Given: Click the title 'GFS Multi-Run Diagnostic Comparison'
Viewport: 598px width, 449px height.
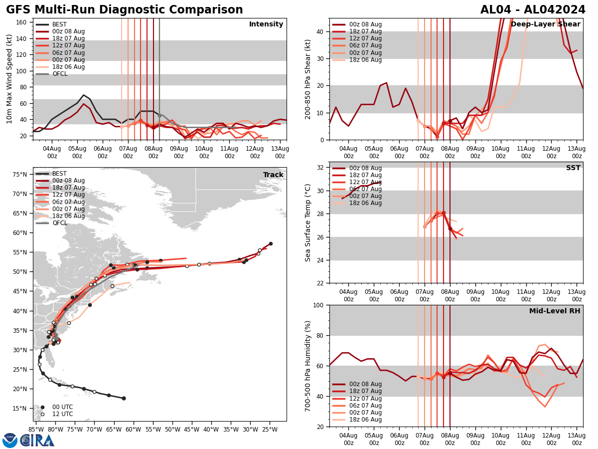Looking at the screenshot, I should [x=125, y=10].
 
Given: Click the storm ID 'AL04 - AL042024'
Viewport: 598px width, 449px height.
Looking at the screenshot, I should [x=533, y=10].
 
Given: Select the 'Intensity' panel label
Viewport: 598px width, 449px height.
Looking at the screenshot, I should [x=266, y=24].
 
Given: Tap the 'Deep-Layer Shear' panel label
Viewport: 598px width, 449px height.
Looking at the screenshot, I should [x=545, y=24].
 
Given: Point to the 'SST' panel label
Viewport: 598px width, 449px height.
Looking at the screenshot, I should [x=573, y=168].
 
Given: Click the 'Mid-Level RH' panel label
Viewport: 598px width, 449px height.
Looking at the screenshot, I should [x=555, y=311].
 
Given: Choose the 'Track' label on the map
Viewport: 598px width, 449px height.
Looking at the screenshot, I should [x=273, y=175].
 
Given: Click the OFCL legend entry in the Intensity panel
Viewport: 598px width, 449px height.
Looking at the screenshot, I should [x=59, y=74].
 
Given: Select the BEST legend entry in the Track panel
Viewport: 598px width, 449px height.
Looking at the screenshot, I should [x=59, y=174].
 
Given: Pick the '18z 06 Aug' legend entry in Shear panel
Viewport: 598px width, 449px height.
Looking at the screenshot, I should [x=365, y=60].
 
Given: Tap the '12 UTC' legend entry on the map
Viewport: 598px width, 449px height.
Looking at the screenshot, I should [x=62, y=414].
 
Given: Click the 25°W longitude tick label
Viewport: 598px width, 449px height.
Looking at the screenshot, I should [x=270, y=429].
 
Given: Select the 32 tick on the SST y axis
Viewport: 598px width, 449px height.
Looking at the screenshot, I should [x=321, y=168].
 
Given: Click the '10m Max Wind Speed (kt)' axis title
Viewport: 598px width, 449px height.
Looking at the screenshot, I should [x=9, y=79].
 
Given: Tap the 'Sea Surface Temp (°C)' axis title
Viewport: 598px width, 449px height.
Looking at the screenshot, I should [x=308, y=223].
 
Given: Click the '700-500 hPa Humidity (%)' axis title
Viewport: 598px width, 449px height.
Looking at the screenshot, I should [x=308, y=366].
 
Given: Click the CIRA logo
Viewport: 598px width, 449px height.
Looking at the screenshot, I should [x=37, y=440].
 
